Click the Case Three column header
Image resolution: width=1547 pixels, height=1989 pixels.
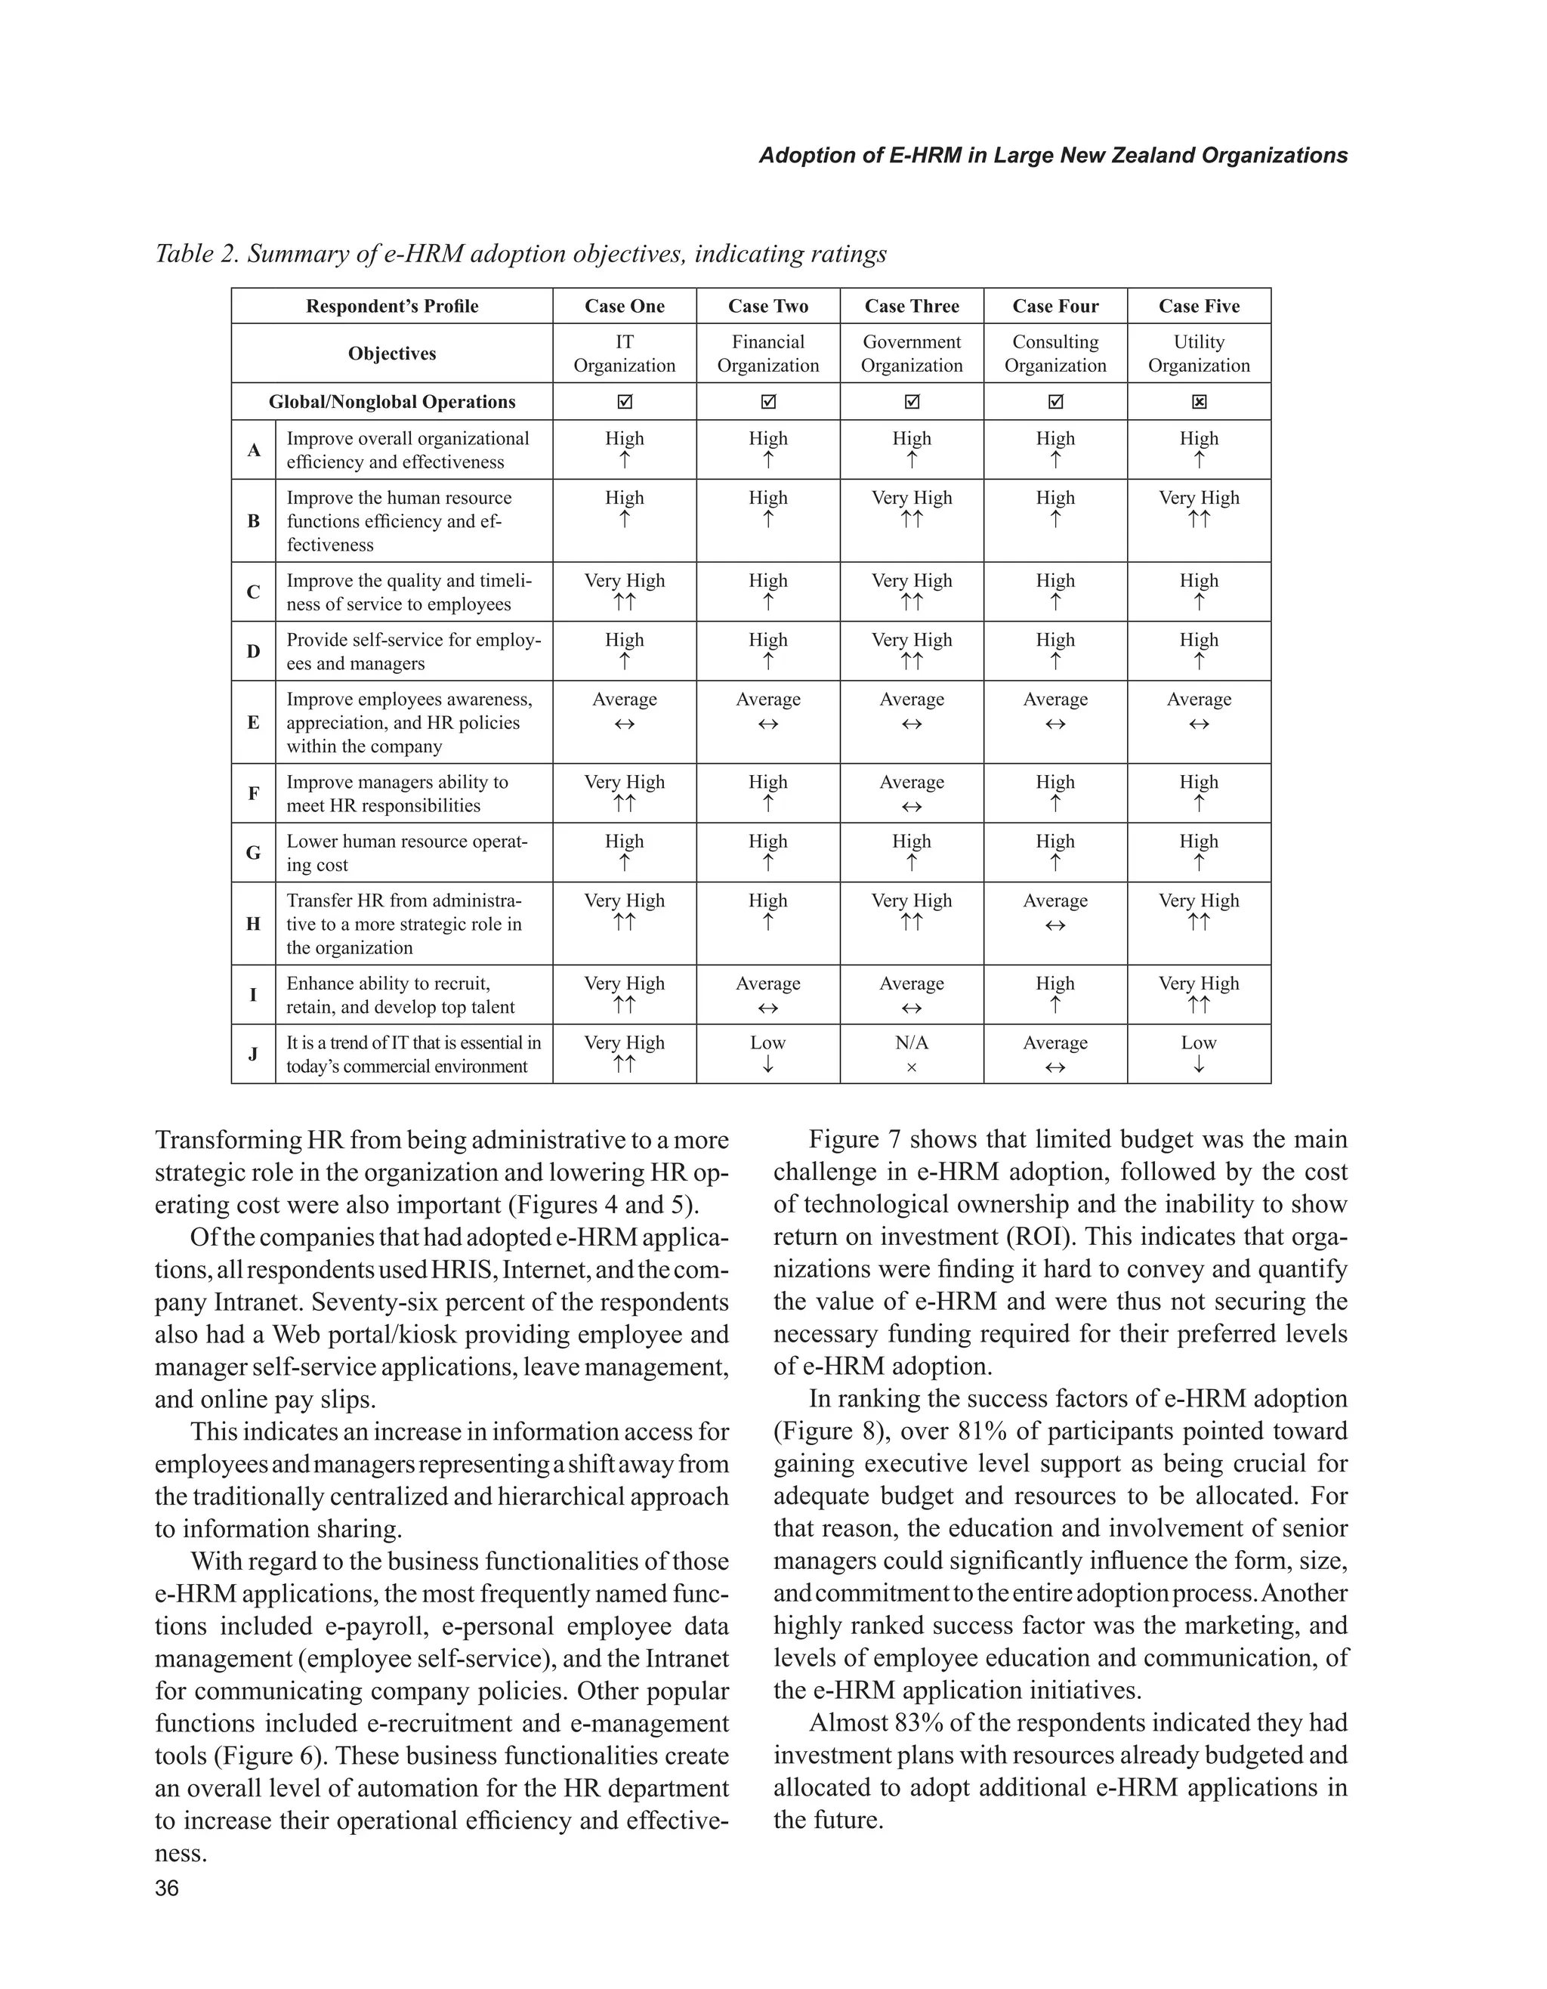(x=912, y=306)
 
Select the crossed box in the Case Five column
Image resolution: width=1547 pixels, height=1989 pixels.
(x=1200, y=402)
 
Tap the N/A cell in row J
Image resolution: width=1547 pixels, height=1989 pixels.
(x=912, y=1054)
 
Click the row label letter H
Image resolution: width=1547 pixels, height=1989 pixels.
(x=253, y=923)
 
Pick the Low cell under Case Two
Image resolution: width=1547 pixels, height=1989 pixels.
(x=767, y=1054)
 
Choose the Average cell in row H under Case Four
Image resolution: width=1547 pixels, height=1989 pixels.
(x=1055, y=913)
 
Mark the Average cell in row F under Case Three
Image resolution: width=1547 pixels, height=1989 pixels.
(x=912, y=792)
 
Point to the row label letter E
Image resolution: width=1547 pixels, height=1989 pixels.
(x=253, y=722)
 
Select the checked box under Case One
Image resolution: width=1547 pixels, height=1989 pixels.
(x=625, y=402)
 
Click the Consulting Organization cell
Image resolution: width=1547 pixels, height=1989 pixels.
(x=1055, y=354)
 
